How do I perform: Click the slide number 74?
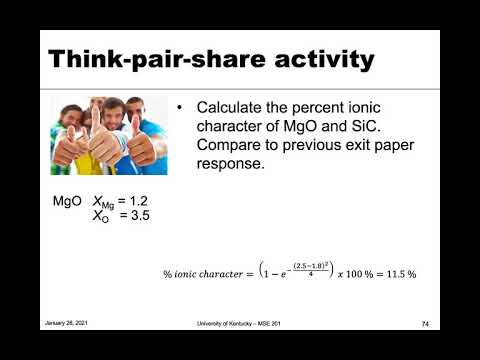(x=424, y=324)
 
